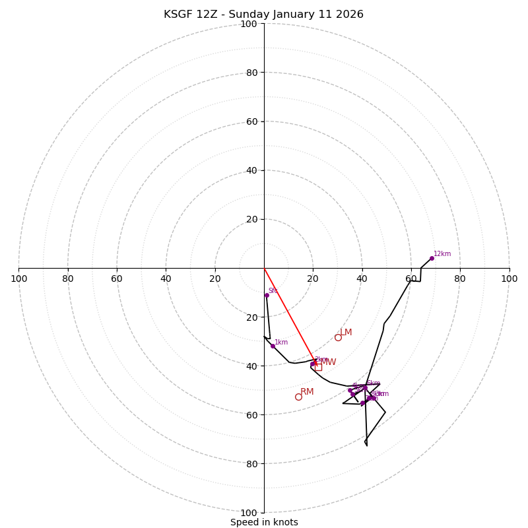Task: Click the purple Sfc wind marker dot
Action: coord(267,295)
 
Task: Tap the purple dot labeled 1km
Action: coord(273,346)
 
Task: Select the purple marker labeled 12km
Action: coord(432,258)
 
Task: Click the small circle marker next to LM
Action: coord(338,337)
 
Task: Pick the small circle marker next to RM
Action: coord(298,397)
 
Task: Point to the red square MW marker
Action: coord(318,366)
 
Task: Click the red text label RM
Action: coord(307,392)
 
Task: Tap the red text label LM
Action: coord(346,333)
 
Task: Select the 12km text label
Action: coord(442,254)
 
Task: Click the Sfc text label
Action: coord(273,290)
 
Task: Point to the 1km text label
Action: coord(281,343)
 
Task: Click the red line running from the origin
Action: coord(289,315)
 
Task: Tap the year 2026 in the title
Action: coord(350,15)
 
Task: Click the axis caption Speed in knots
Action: coord(264,523)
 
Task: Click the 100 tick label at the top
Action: coord(249,24)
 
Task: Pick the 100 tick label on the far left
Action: coord(19,279)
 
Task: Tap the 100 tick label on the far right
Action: coord(509,279)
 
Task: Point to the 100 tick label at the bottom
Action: coord(249,513)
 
